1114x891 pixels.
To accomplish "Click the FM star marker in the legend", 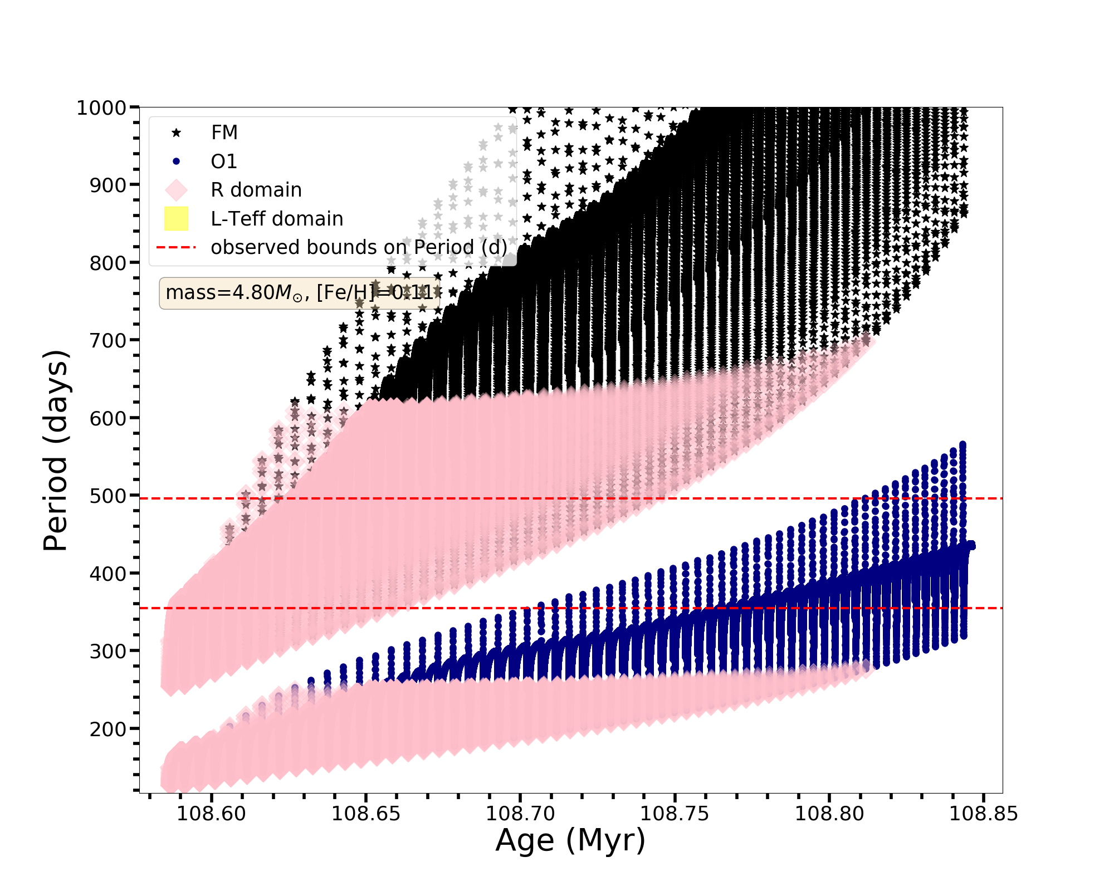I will (x=177, y=133).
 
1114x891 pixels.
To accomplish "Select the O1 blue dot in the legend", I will (x=177, y=161).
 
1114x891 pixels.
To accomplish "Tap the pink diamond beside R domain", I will (x=177, y=190).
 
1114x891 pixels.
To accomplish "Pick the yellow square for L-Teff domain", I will (x=177, y=219).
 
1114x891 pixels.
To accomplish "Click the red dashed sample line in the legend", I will (x=177, y=247).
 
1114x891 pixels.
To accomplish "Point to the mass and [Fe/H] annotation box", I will (x=300, y=293).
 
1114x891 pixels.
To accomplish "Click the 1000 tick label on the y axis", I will (x=101, y=107).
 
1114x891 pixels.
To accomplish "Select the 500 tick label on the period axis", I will (x=107, y=496).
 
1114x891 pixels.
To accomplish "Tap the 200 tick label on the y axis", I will (x=107, y=728).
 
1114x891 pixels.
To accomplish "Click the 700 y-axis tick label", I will (x=107, y=340).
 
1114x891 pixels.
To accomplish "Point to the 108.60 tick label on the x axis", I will (x=211, y=814).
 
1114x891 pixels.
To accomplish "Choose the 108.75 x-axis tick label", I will (x=675, y=814).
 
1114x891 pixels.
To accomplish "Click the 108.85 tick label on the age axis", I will (x=983, y=814).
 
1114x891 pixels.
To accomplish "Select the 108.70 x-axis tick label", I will (x=520, y=814).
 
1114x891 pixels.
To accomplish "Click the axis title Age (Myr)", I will (x=570, y=840).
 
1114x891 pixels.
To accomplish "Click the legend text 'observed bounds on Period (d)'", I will (x=359, y=247).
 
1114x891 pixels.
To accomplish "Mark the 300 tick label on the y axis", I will (x=107, y=651).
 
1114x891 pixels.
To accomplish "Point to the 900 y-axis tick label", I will (x=107, y=185).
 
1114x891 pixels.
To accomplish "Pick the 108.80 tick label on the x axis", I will (x=829, y=814).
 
